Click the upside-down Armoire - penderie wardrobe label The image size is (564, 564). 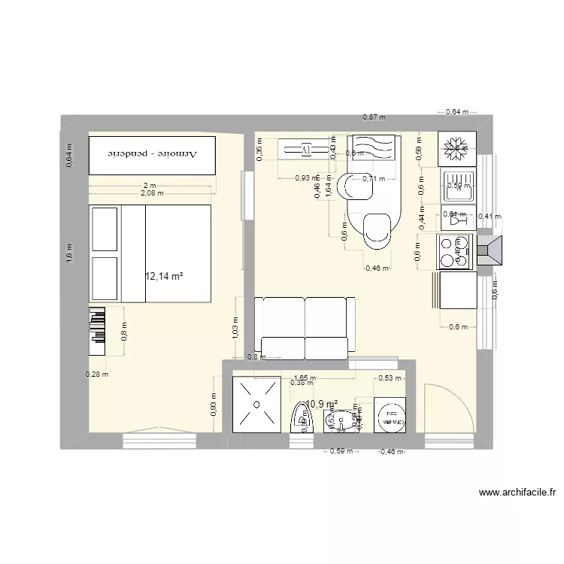point(153,153)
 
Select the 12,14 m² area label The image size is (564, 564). point(165,277)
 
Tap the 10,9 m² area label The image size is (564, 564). point(322,405)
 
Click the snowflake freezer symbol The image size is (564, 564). point(456,149)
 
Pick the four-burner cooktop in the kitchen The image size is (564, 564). point(455,252)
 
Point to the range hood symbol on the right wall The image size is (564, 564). point(493,251)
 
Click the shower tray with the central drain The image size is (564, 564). point(256,405)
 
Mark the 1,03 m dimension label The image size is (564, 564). point(235,324)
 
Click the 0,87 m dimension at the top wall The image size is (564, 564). point(374,117)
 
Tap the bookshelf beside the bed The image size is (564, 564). point(98,331)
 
